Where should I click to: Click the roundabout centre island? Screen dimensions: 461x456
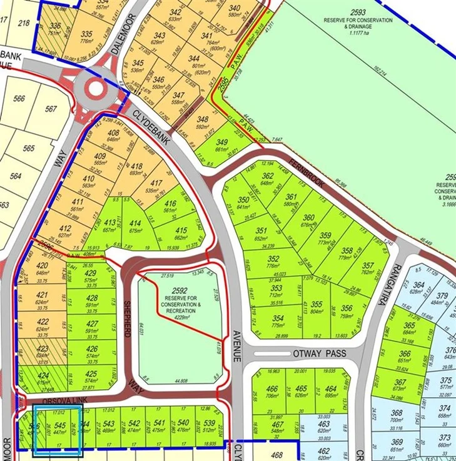pos(95,88)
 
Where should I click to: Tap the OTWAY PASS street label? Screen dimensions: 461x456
pos(319,354)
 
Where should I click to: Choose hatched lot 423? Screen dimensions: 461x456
pos(43,352)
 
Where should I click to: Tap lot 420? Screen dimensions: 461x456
pos(43,270)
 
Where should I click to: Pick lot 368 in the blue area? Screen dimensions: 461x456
pos(396,415)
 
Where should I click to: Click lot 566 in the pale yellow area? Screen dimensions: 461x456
pos(19,98)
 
